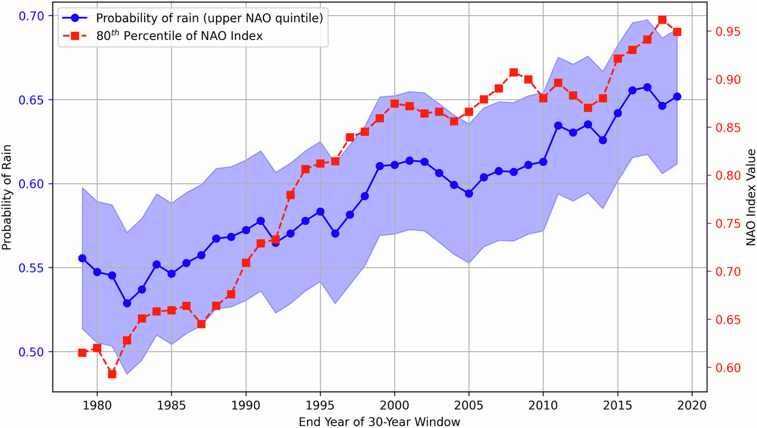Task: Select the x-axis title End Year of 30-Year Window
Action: [x=380, y=421]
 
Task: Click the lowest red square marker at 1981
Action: [x=112, y=374]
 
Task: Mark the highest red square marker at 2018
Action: [x=662, y=20]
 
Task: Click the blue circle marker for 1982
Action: [x=127, y=303]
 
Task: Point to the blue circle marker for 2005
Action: [x=469, y=193]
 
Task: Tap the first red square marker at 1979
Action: [x=82, y=353]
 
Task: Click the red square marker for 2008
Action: [x=513, y=73]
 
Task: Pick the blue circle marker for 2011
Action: [x=558, y=126]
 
